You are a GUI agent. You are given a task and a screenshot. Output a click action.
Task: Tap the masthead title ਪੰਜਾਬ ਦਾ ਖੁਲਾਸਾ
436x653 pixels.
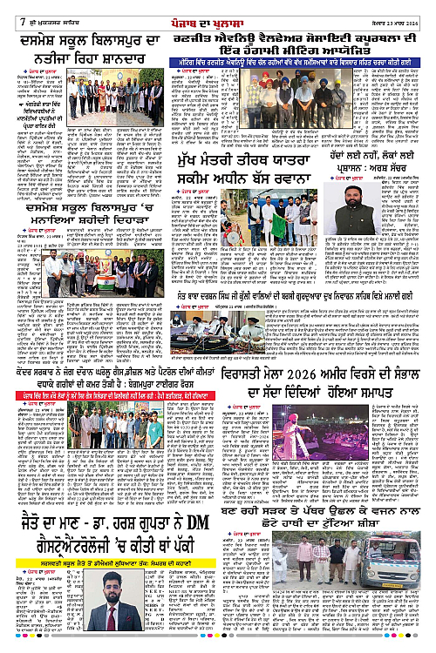pos(218,10)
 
